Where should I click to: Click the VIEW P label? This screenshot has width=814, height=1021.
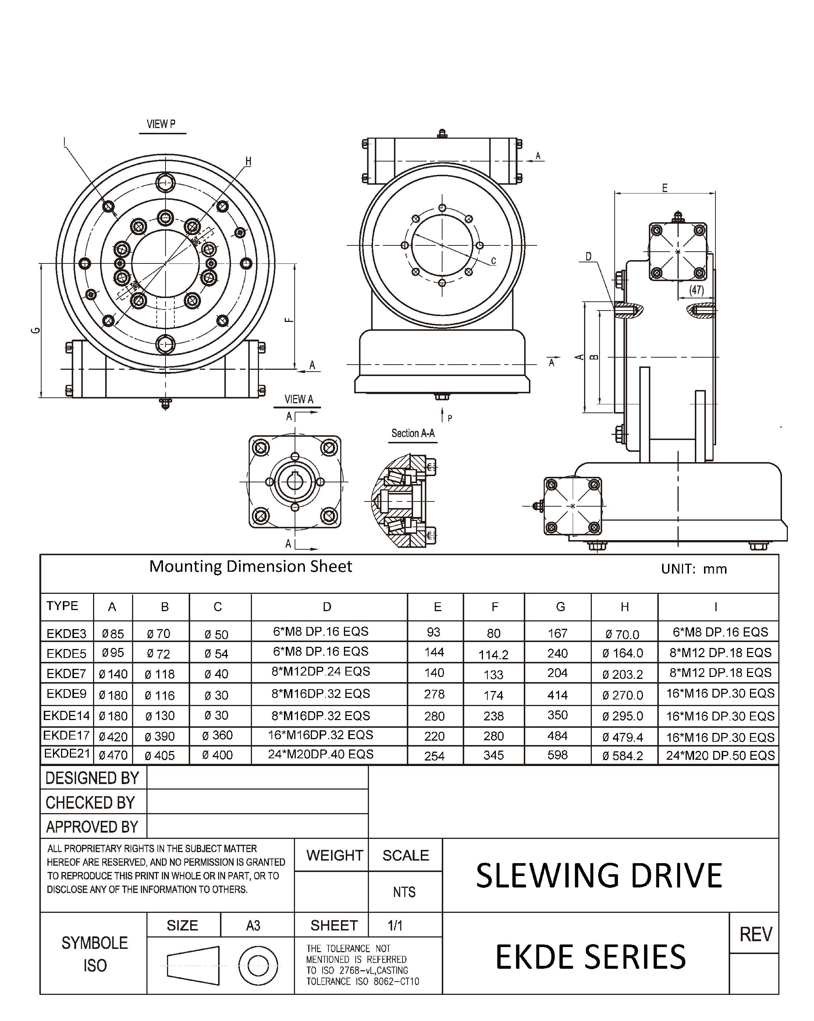pyautogui.click(x=161, y=124)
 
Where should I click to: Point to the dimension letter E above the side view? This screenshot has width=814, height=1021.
pyautogui.click(x=664, y=188)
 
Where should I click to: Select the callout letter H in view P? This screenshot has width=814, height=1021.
pyautogui.click(x=248, y=162)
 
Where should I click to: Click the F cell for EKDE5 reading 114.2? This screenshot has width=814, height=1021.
pyautogui.click(x=493, y=655)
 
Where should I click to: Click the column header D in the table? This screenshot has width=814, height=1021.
pyautogui.click(x=327, y=607)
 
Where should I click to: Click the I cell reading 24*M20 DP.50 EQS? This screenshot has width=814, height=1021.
pyautogui.click(x=720, y=755)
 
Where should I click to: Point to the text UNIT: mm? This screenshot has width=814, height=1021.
pyautogui.click(x=693, y=569)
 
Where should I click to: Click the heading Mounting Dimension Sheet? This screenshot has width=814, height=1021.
pyautogui.click(x=250, y=566)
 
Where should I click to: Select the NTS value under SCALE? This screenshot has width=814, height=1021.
pyautogui.click(x=404, y=892)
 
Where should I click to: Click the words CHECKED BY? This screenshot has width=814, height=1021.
pyautogui.click(x=90, y=803)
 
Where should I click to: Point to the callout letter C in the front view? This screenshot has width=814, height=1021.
pyautogui.click(x=493, y=261)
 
